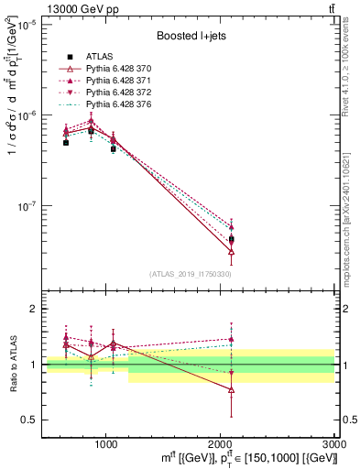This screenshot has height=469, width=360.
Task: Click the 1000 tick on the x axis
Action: pos(106,442)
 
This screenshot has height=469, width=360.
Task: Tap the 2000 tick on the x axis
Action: pos(221,442)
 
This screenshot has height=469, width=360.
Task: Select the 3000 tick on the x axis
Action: pos(333,442)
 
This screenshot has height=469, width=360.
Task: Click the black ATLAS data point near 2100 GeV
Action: pos(232,239)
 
